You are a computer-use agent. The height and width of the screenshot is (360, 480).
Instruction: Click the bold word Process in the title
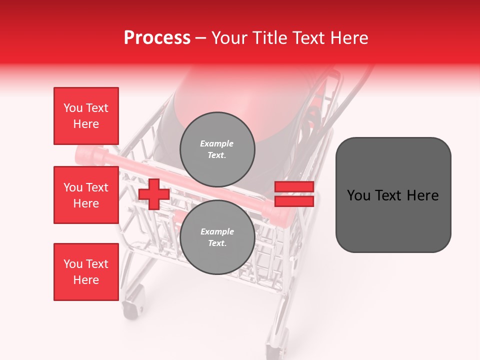click(x=157, y=37)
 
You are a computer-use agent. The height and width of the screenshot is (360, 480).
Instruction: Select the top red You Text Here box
click(x=86, y=116)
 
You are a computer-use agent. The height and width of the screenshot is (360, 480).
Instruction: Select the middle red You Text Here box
click(x=86, y=195)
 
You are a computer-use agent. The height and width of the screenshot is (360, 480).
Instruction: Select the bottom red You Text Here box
click(x=86, y=272)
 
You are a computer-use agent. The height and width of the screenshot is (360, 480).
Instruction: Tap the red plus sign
click(x=154, y=194)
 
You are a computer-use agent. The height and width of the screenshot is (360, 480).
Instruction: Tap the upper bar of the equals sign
click(x=294, y=186)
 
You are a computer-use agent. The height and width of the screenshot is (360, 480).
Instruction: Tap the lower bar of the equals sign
click(x=294, y=201)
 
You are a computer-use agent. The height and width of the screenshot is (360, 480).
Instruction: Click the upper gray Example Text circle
click(x=217, y=149)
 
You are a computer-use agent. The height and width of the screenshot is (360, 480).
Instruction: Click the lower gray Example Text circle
click(x=217, y=237)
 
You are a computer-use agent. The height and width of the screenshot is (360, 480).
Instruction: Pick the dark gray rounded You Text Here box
click(x=393, y=195)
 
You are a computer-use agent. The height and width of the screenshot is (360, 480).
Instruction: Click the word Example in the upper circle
click(x=217, y=143)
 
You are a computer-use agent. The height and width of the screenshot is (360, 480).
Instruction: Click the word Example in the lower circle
click(x=217, y=231)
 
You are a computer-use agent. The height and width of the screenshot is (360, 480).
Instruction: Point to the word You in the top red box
click(x=72, y=108)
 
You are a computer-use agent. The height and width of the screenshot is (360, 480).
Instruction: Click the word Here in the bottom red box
click(x=86, y=280)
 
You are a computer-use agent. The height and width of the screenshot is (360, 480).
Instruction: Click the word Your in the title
click(x=230, y=37)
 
